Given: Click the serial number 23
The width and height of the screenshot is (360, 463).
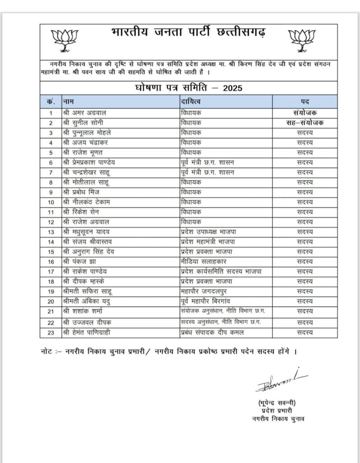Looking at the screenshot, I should (x=51, y=333).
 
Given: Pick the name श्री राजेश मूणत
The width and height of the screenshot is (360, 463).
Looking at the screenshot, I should (x=84, y=152).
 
